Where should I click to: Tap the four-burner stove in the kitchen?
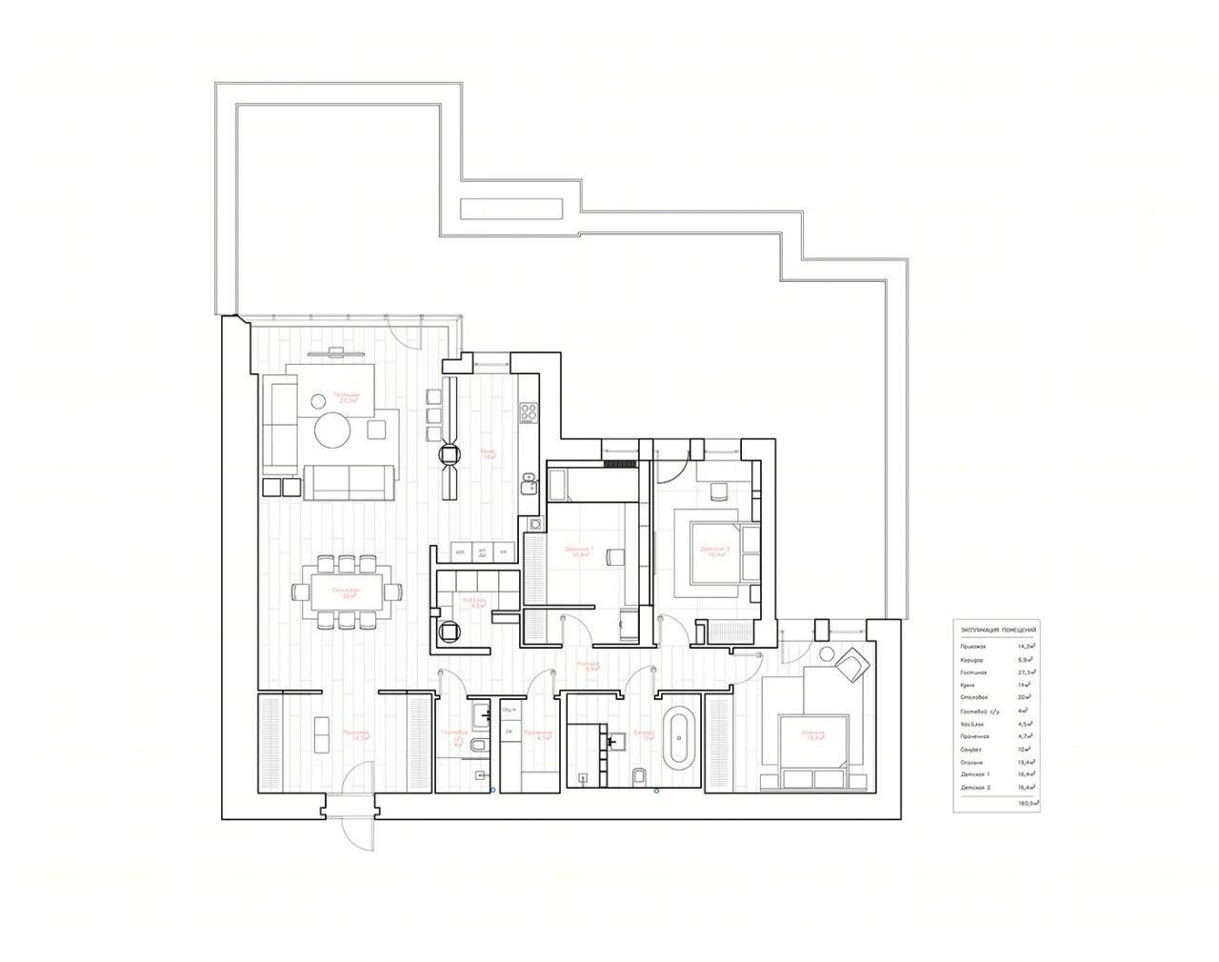528,413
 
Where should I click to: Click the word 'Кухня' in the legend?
969,685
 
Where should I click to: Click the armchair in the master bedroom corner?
850,663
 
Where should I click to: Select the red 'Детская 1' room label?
579,551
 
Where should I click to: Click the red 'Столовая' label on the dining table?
346,591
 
